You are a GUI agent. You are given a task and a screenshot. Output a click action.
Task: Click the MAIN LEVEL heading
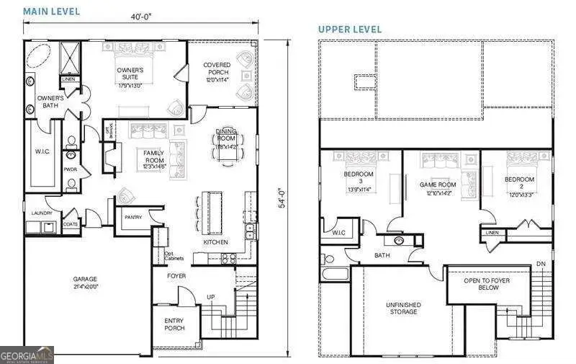51,12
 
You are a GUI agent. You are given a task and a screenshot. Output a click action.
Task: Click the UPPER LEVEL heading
350,29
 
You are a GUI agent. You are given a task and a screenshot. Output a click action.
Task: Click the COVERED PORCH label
217,68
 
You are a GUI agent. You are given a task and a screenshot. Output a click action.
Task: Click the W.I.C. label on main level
40,151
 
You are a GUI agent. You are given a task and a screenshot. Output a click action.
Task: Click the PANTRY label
132,217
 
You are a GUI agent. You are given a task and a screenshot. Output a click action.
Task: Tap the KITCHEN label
216,242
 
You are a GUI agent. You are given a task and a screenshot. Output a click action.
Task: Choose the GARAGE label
84,279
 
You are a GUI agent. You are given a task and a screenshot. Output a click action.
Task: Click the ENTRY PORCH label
174,324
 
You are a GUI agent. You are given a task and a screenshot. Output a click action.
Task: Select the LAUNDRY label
38,213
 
